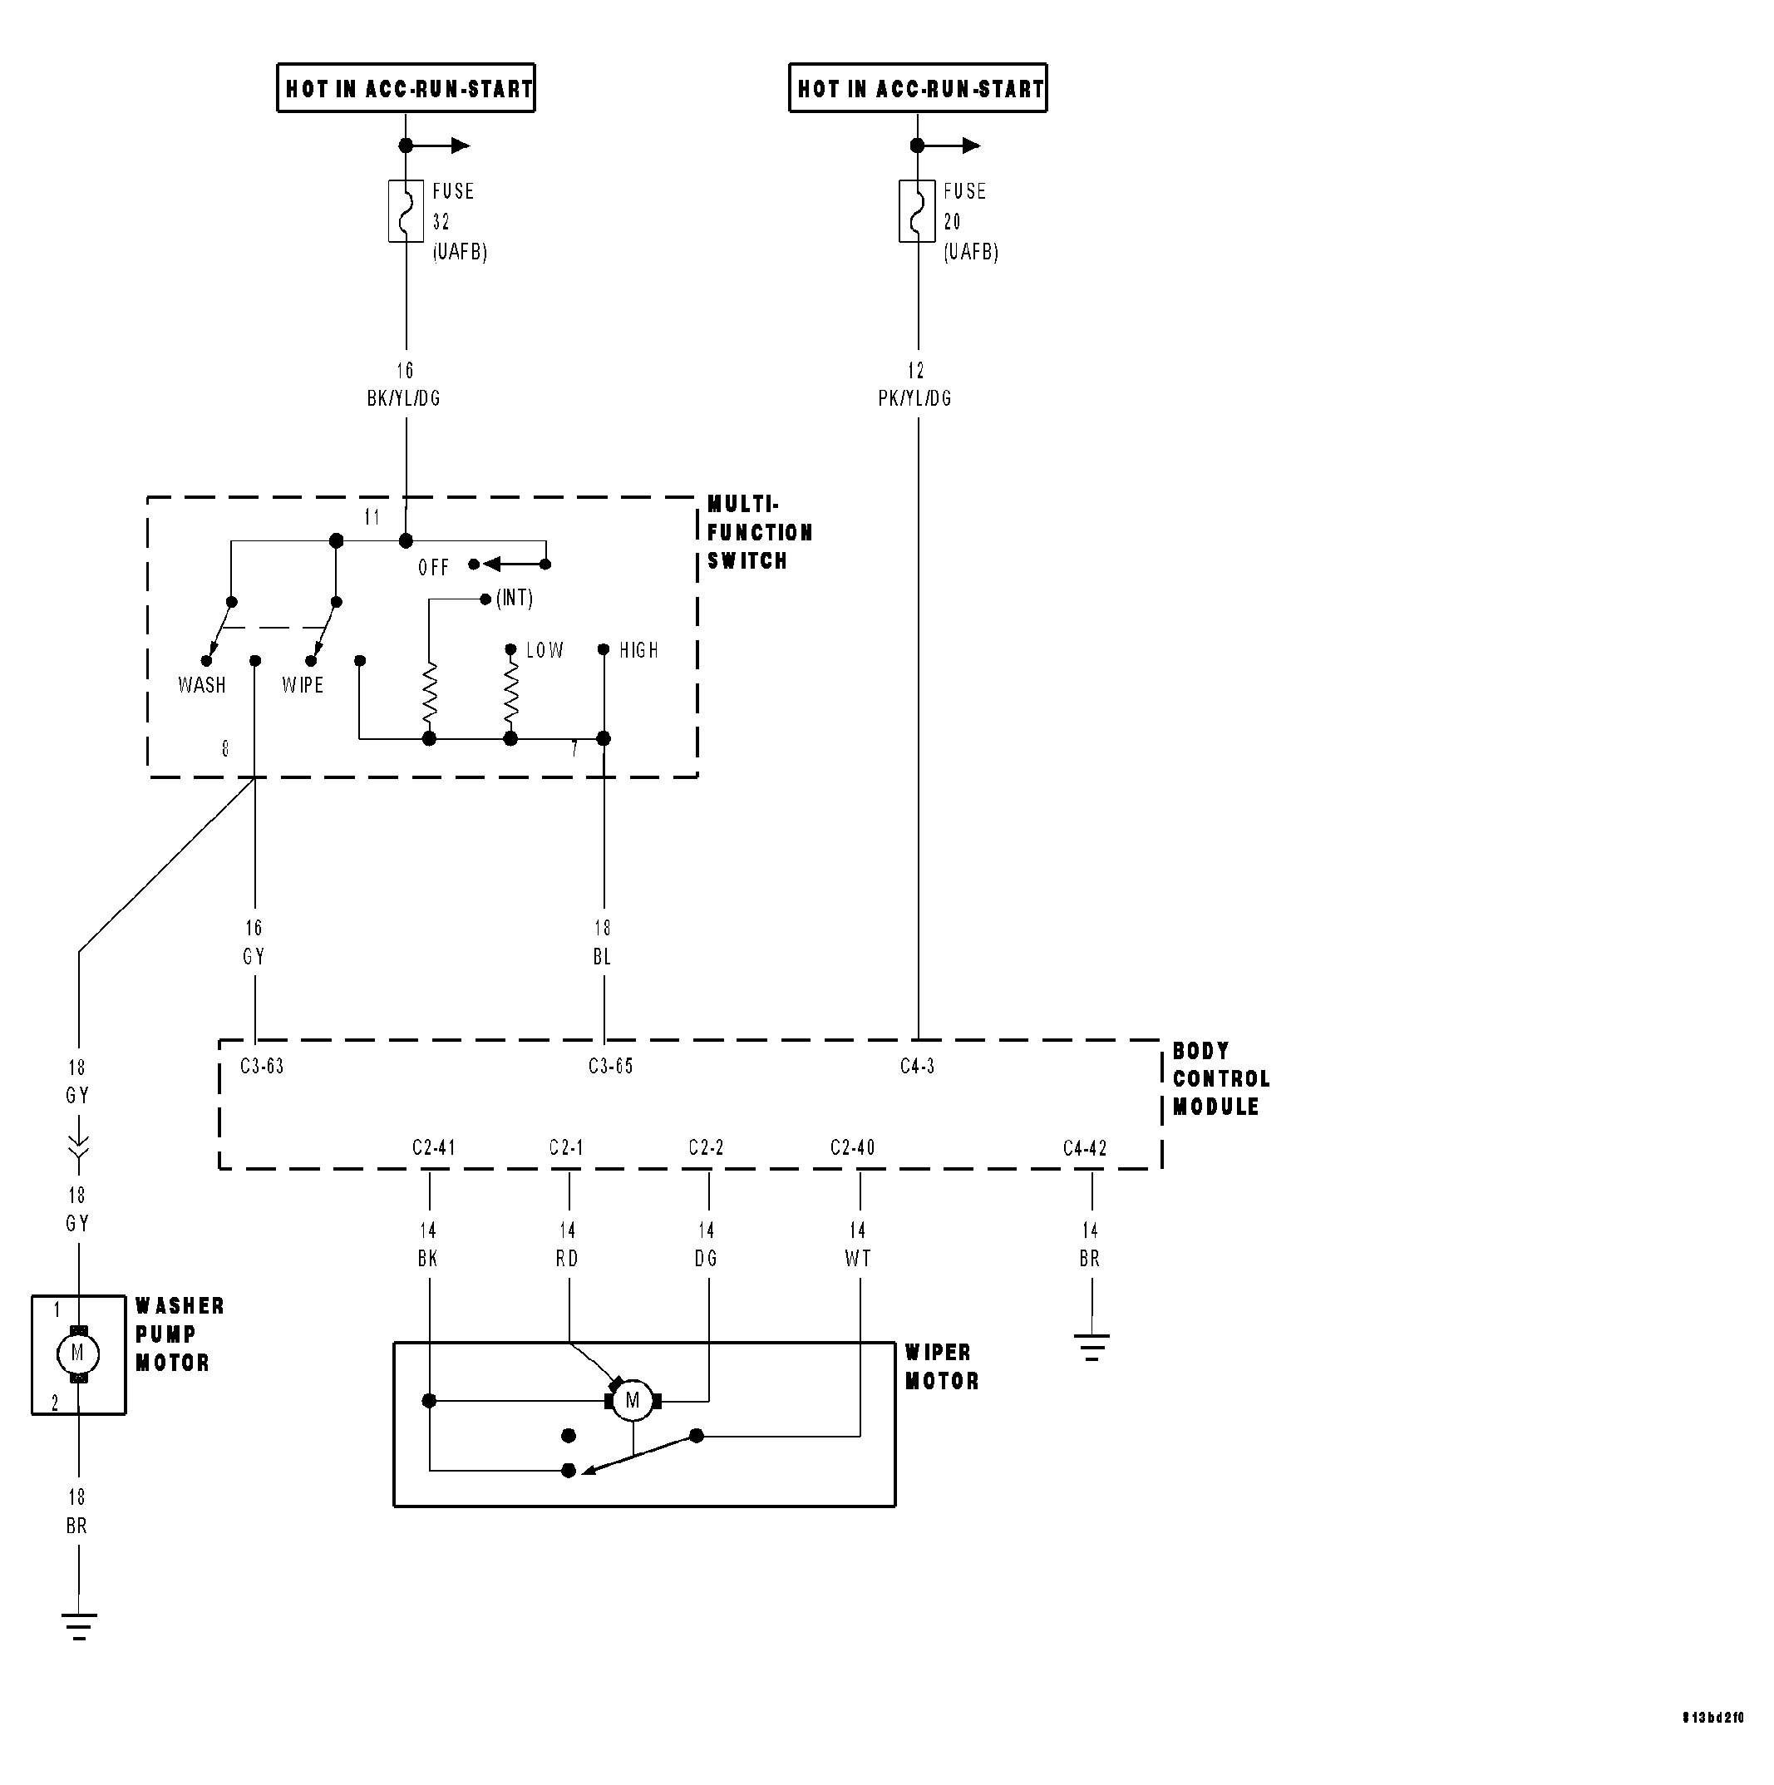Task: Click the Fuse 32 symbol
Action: tap(406, 210)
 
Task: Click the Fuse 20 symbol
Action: tap(917, 210)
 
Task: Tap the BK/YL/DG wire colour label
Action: tap(404, 398)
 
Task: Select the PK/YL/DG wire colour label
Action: tap(914, 398)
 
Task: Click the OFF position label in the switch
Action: tap(433, 567)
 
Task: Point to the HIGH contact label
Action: tap(639, 650)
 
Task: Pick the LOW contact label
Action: tap(545, 650)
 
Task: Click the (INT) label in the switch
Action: tap(515, 599)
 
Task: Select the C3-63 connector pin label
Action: tap(263, 1066)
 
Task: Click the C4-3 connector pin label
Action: tap(918, 1066)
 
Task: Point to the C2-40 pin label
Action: tap(852, 1147)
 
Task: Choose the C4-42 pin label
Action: tap(1085, 1148)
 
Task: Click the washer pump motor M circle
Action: tap(77, 1354)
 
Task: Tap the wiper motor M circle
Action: tap(633, 1401)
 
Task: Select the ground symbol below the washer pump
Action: tap(78, 1627)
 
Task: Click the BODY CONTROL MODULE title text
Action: tap(1220, 1079)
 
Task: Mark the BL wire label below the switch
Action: tap(603, 957)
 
